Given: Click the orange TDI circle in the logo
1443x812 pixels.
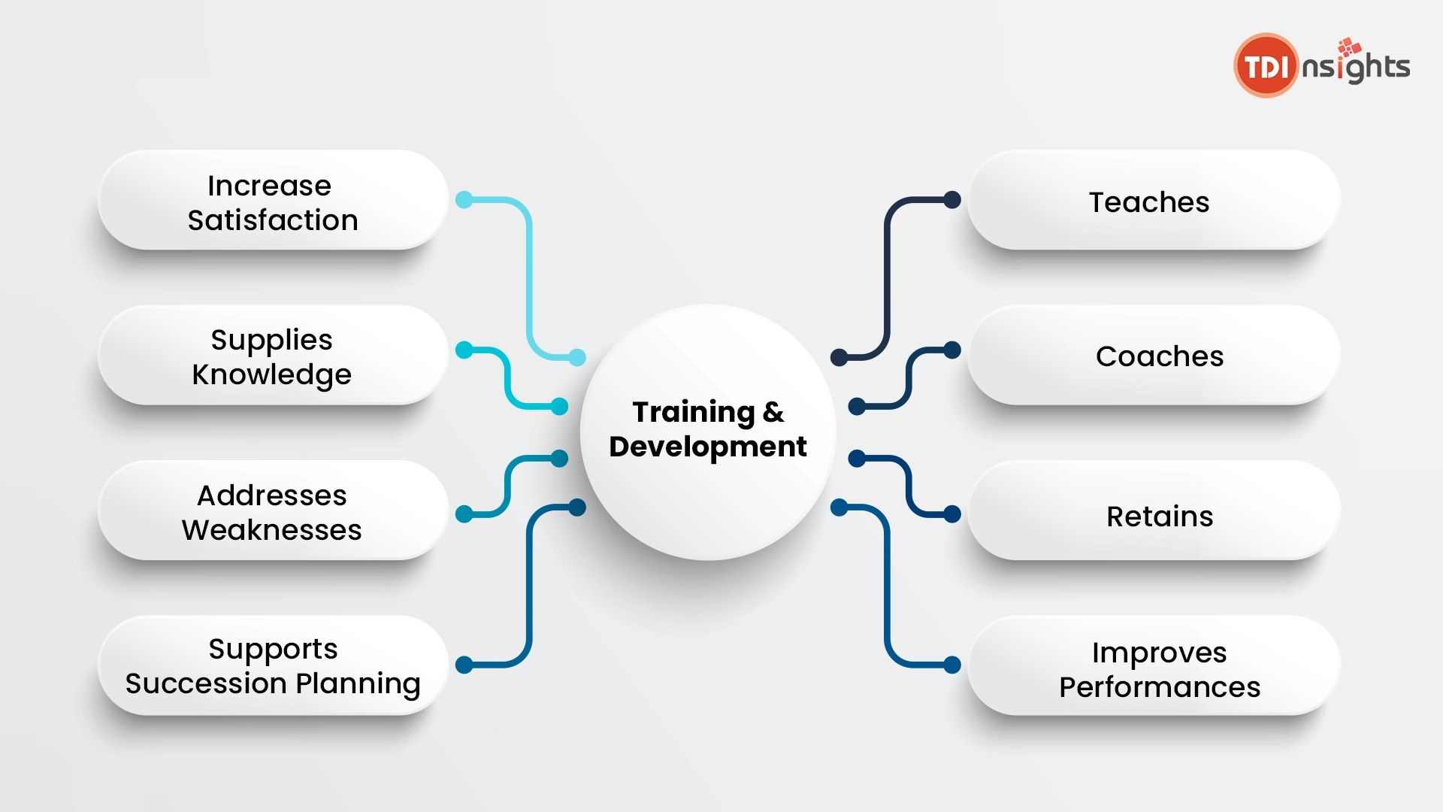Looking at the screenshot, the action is click(x=1266, y=65).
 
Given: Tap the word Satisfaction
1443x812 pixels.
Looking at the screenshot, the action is click(x=273, y=220).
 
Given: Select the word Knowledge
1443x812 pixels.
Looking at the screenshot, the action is click(x=272, y=375).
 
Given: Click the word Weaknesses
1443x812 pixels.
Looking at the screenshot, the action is click(x=272, y=530).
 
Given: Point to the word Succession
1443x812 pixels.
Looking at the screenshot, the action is click(x=206, y=683).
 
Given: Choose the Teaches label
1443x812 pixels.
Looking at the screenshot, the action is click(x=1149, y=202).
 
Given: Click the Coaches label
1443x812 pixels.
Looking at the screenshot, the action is click(x=1160, y=356).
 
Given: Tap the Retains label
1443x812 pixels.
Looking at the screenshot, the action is click(x=1160, y=517).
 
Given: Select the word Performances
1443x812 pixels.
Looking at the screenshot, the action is click(x=1160, y=687).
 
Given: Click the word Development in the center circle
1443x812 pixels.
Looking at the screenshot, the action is click(x=708, y=447).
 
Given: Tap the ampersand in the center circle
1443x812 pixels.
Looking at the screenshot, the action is click(x=773, y=412).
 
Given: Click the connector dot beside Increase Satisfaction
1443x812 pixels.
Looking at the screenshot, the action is click(x=464, y=200).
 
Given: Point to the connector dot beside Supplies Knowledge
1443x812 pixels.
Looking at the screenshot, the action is click(x=464, y=350).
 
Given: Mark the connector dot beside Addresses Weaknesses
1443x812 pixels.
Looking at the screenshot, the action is click(x=464, y=514).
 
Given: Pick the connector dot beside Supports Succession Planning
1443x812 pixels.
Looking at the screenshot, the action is click(x=464, y=665).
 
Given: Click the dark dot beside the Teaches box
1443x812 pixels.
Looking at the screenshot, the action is click(x=952, y=200).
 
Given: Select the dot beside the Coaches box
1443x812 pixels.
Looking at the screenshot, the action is click(x=952, y=350).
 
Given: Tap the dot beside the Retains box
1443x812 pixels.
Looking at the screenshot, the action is click(x=952, y=514).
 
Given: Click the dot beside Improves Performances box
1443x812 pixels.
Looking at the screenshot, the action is click(x=952, y=665).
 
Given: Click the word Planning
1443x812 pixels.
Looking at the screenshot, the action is click(x=358, y=684).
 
